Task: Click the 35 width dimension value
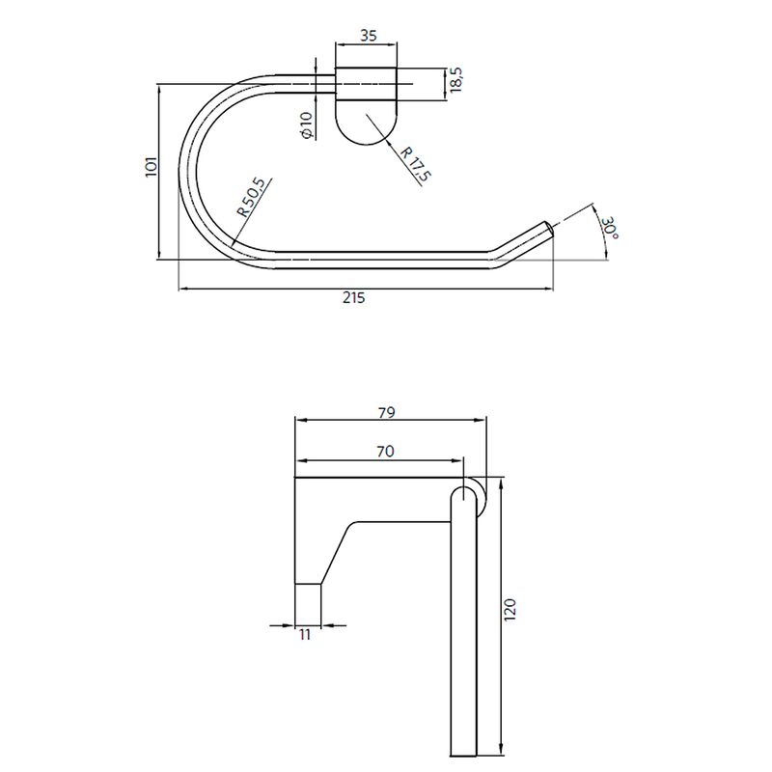pos(369,36)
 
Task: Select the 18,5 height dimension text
pos(456,80)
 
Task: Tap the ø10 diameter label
pos(306,125)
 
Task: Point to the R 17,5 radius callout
pos(416,164)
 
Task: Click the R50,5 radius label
pos(251,198)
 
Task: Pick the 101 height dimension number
pos(152,167)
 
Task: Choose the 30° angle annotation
pos(610,228)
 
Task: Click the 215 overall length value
pos(354,297)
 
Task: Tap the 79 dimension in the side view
pos(388,412)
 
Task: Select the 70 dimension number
pos(385,451)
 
